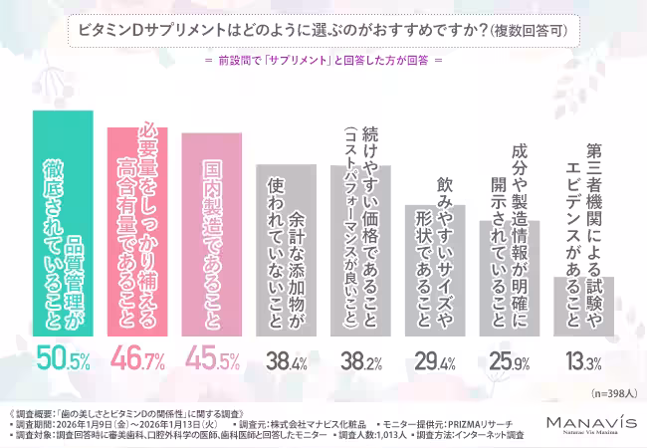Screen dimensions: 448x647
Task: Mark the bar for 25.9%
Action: [x=506, y=278]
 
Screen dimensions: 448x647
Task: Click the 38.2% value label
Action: [x=358, y=359]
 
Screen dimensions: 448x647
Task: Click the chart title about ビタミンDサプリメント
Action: [x=323, y=31]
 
